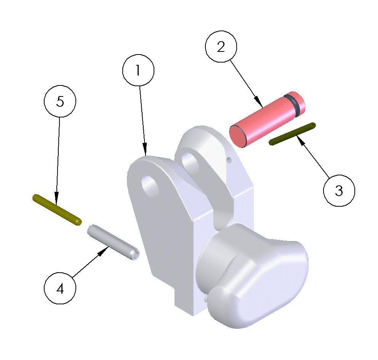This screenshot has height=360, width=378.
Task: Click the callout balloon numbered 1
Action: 138,70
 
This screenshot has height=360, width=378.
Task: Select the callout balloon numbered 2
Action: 221,47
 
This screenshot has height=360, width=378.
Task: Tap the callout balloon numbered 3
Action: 339,191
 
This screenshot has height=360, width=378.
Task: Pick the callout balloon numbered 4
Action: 60,288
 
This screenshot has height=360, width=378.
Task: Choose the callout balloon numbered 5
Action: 60,101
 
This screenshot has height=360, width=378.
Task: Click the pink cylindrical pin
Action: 267,119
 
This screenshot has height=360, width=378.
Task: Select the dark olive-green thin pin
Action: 292,134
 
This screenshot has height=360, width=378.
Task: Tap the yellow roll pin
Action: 57,210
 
